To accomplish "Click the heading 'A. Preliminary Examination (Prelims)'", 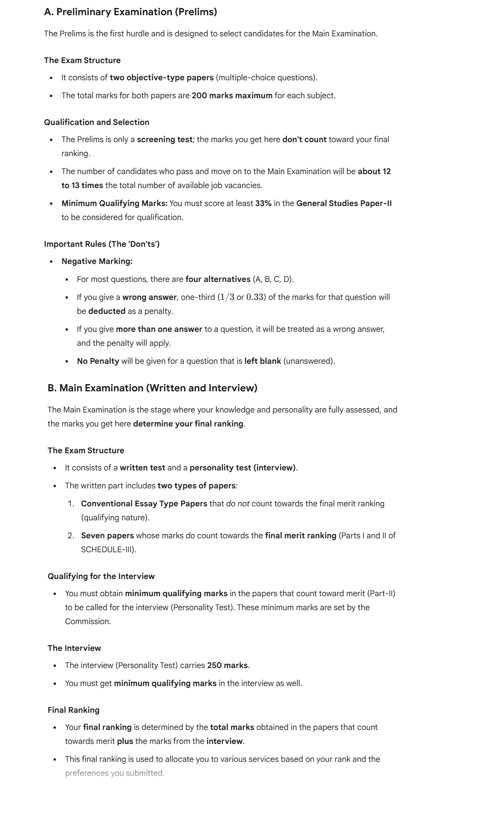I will (130, 12).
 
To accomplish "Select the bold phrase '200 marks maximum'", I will (232, 95).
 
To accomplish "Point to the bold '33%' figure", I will (263, 203).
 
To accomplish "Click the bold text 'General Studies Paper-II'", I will (344, 203).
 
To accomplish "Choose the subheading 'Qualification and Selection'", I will (96, 122).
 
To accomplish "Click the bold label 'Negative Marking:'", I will (97, 261).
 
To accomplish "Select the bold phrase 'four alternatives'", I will (218, 279).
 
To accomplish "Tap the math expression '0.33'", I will (255, 297).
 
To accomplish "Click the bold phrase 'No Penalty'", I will (98, 361).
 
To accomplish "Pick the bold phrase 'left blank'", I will (262, 361).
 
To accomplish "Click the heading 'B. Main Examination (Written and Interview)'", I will (152, 388).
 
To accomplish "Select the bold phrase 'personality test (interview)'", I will (243, 468).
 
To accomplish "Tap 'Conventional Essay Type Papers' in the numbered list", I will (144, 504).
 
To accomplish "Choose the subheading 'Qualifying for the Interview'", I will (101, 576).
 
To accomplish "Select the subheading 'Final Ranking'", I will (73, 710).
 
